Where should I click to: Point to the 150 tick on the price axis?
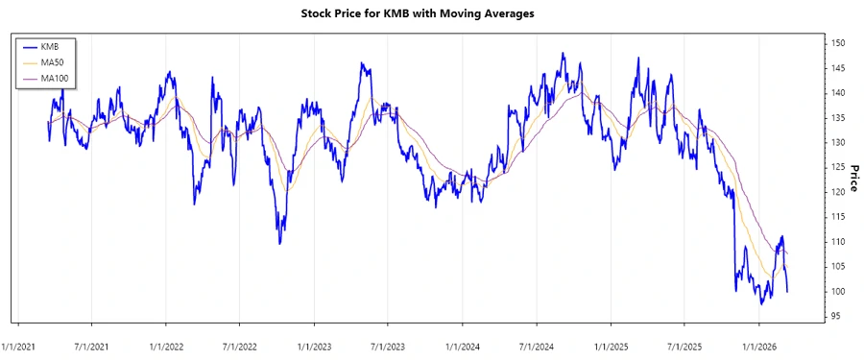838,43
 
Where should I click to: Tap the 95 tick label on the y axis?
836,316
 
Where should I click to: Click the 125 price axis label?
838,167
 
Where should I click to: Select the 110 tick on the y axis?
838,242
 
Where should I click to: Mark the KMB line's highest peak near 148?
563,54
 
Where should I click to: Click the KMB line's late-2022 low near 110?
280,243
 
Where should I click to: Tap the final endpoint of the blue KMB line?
787,291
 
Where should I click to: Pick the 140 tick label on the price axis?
838,93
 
